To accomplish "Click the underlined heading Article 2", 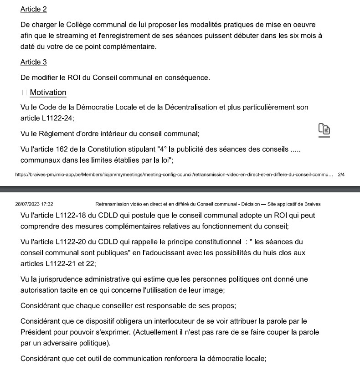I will pyautogui.click(x=34, y=9).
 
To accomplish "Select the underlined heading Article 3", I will pyautogui.click(x=34, y=62).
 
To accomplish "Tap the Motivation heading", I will pyautogui.click(x=48, y=93).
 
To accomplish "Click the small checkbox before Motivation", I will pyautogui.click(x=25, y=93).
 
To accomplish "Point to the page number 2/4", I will pyautogui.click(x=341, y=174).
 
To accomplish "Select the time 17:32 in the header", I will pyautogui.click(x=47, y=204).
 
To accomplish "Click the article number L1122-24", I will pyautogui.click(x=54, y=119).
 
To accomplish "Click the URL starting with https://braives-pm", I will pyautogui.click(x=173, y=174).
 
